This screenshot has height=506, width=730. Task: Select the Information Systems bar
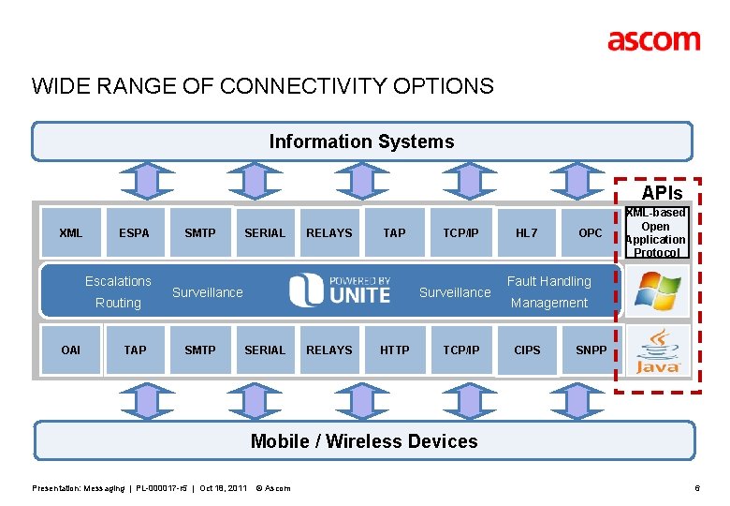click(x=362, y=141)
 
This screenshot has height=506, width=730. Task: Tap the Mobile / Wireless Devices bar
click(x=364, y=441)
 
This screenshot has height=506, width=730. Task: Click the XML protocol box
click(x=70, y=233)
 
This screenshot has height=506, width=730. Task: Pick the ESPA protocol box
click(x=134, y=233)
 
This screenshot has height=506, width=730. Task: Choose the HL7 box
click(x=527, y=233)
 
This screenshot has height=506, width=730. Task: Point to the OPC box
click(x=590, y=233)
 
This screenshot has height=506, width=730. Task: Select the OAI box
click(x=70, y=350)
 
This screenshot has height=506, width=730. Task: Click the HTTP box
click(x=394, y=350)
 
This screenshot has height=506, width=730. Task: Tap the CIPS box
click(x=527, y=350)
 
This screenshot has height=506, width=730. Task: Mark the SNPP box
click(x=591, y=350)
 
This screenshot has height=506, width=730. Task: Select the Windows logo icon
click(x=658, y=290)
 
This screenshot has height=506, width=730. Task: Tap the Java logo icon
click(x=658, y=350)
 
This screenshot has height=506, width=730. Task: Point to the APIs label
click(x=662, y=193)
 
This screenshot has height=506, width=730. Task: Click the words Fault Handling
click(x=549, y=281)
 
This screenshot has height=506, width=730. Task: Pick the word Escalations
click(x=118, y=281)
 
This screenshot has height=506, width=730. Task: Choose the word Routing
click(x=118, y=303)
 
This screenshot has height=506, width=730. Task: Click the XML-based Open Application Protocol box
click(x=656, y=232)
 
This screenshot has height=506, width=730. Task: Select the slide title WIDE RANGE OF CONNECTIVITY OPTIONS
click(x=263, y=87)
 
